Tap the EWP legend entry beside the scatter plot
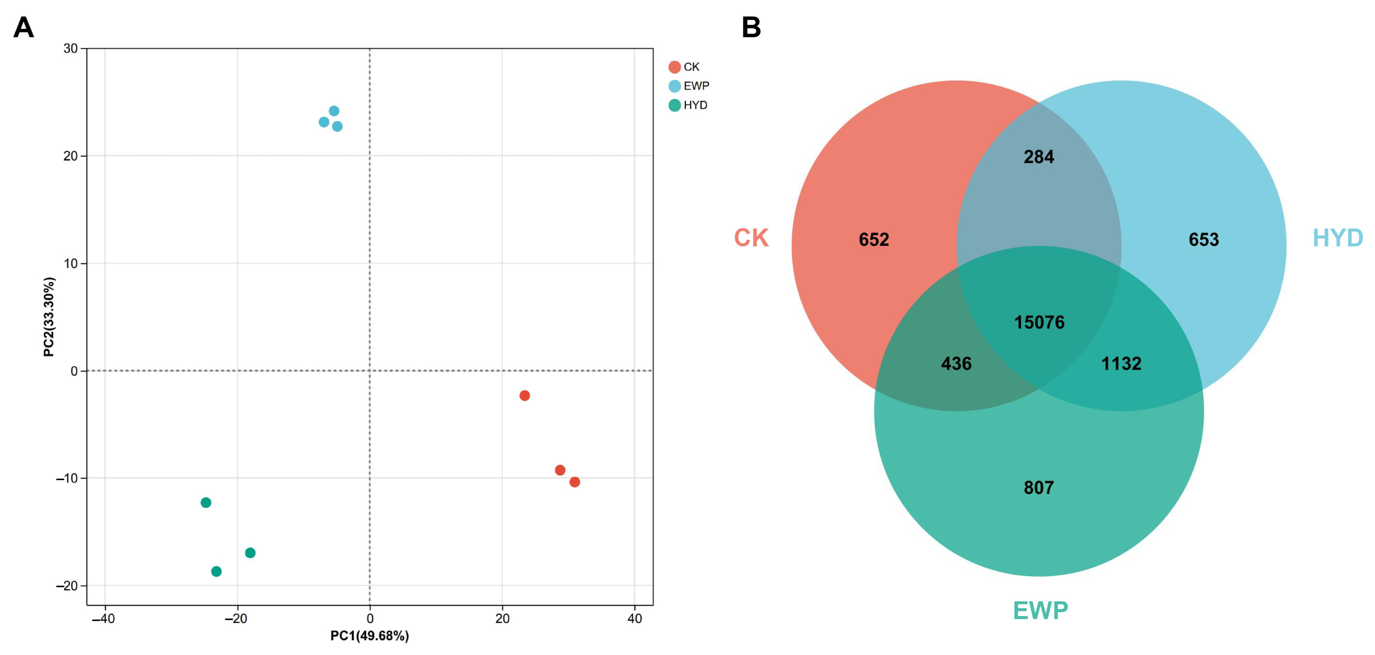click(688, 86)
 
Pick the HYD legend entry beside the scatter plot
click(687, 105)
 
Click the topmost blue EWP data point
click(334, 111)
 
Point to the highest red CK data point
click(525, 396)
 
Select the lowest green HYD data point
click(216, 572)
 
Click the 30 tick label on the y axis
click(71, 49)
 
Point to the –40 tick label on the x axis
click(103, 619)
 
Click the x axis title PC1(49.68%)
click(370, 636)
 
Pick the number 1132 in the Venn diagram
click(1121, 364)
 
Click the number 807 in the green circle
click(1039, 487)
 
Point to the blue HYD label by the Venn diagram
click(1338, 238)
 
